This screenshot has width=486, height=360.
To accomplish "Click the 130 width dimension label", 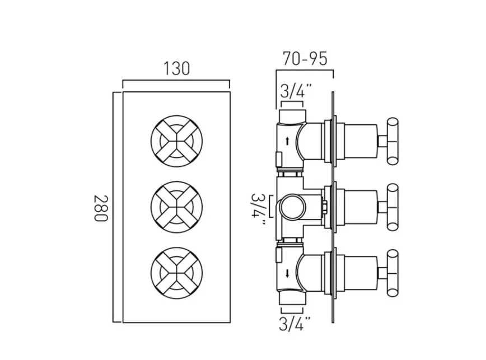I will pyautogui.click(x=176, y=68).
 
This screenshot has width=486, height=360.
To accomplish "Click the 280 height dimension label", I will pyautogui.click(x=100, y=208).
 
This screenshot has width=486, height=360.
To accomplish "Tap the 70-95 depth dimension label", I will pyautogui.click(x=304, y=59).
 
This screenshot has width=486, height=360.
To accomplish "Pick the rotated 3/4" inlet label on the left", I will pyautogui.click(x=259, y=207).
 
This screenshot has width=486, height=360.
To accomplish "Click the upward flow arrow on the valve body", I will pyautogui.click(x=287, y=141).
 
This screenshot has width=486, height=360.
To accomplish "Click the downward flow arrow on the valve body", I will pyautogui.click(x=287, y=274).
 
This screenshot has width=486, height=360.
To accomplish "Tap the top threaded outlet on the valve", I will pyautogui.click(x=292, y=116).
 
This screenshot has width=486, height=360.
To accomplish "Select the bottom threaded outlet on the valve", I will pyautogui.click(x=292, y=300).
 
